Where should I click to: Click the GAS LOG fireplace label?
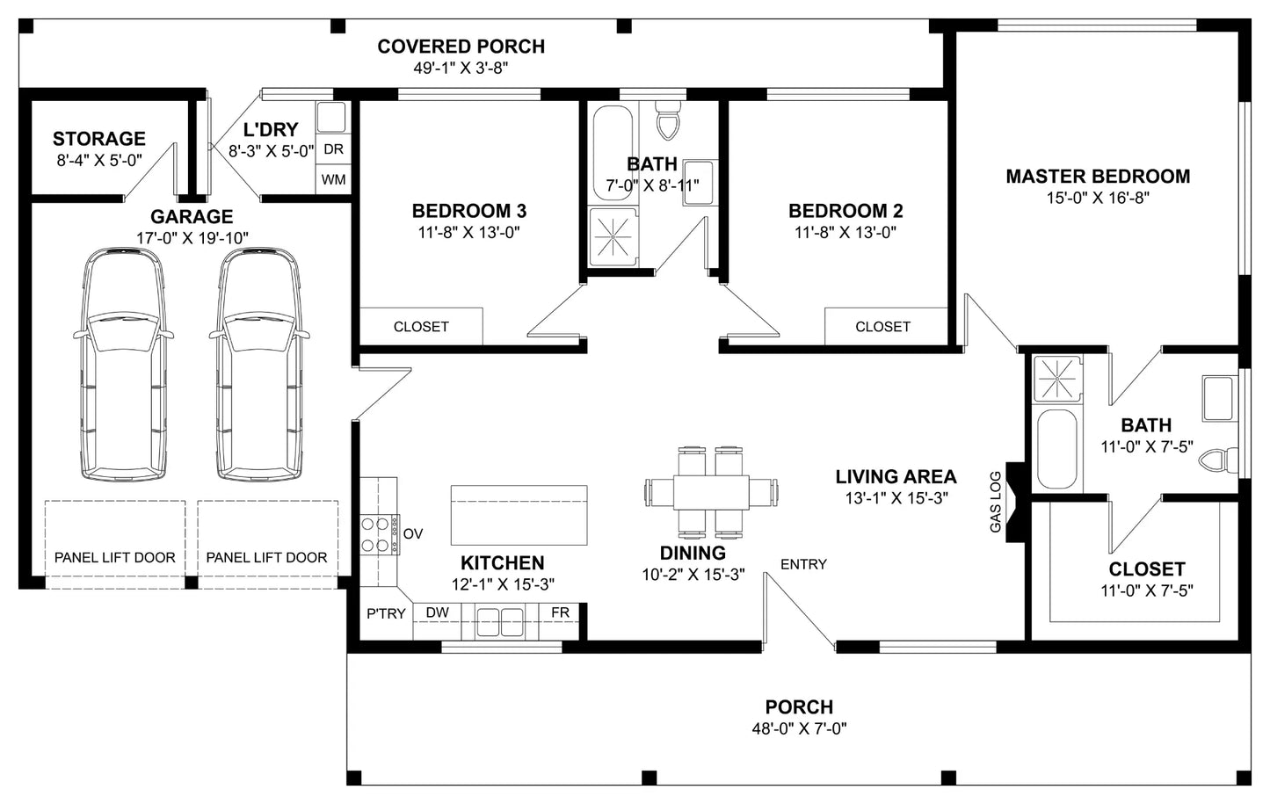(x=995, y=502)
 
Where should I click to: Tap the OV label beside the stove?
(x=413, y=534)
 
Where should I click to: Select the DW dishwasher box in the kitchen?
(x=437, y=612)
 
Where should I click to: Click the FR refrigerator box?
(x=560, y=612)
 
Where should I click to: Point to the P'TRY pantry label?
(x=386, y=613)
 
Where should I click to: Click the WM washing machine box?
(x=333, y=180)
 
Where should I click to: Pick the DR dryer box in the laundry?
(x=333, y=149)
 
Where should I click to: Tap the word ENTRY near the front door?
(x=803, y=564)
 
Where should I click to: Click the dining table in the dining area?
(x=711, y=492)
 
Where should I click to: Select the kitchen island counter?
(x=519, y=515)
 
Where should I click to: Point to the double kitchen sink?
(x=499, y=622)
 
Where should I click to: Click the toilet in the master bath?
(x=1219, y=460)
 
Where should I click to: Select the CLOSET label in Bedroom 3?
(x=421, y=327)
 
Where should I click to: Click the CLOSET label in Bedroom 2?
(x=882, y=327)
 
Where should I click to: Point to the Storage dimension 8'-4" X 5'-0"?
(x=99, y=161)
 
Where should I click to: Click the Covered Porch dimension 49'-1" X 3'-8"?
(x=461, y=68)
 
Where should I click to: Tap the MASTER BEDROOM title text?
(x=1098, y=177)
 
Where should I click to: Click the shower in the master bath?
(x=1057, y=379)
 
